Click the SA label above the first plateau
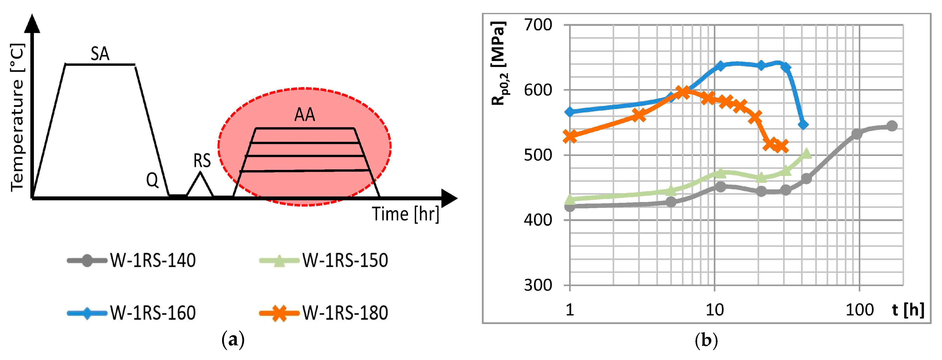click(x=100, y=54)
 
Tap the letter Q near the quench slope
click(x=153, y=180)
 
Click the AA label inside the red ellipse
click(x=304, y=115)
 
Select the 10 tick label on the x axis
click(x=714, y=310)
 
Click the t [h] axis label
click(x=908, y=310)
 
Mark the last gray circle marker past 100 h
click(x=892, y=126)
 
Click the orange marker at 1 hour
click(x=570, y=136)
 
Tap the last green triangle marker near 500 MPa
click(x=806, y=154)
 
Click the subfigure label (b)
click(x=706, y=341)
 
